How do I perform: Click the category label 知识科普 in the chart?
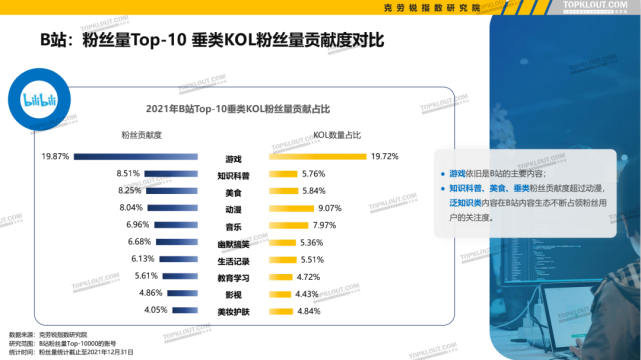pyautogui.click(x=232, y=175)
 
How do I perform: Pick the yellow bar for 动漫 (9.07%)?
pyautogui.click(x=292, y=208)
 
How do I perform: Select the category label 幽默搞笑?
pyautogui.click(x=232, y=242)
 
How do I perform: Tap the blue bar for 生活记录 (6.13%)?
pyautogui.click(x=182, y=259)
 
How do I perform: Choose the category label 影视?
pyautogui.click(x=232, y=294)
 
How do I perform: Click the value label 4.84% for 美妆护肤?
pyautogui.click(x=311, y=311)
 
